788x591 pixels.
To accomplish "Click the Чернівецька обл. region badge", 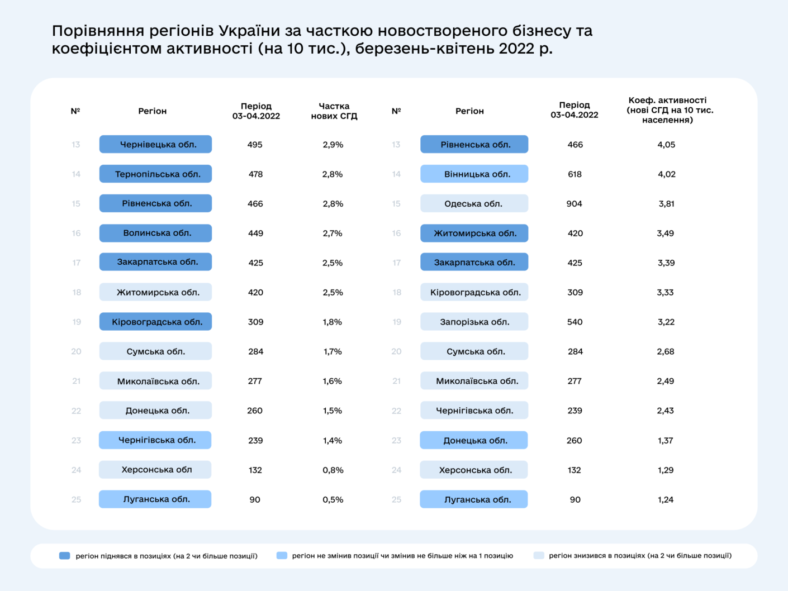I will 155,144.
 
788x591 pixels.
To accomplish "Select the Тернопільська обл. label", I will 155,174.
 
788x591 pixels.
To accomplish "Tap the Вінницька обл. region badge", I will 474,174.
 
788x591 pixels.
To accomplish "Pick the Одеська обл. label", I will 474,203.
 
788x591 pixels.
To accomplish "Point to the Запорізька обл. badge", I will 474,322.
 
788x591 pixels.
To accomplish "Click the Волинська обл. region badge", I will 155,233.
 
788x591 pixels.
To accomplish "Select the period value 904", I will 575,203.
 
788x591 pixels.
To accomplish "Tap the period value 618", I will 575,174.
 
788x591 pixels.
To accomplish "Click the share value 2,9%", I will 333,144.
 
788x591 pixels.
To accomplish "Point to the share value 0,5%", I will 333,499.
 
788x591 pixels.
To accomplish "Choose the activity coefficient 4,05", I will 666,144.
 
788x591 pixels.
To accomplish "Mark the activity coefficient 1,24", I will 666,499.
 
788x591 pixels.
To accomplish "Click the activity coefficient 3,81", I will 666,203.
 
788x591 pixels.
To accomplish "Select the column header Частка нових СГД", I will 334,111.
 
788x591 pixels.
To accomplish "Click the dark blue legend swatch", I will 65,556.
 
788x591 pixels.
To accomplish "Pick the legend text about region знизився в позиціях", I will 640,556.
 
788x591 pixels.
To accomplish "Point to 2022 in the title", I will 517,48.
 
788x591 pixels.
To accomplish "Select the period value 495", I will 255,144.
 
